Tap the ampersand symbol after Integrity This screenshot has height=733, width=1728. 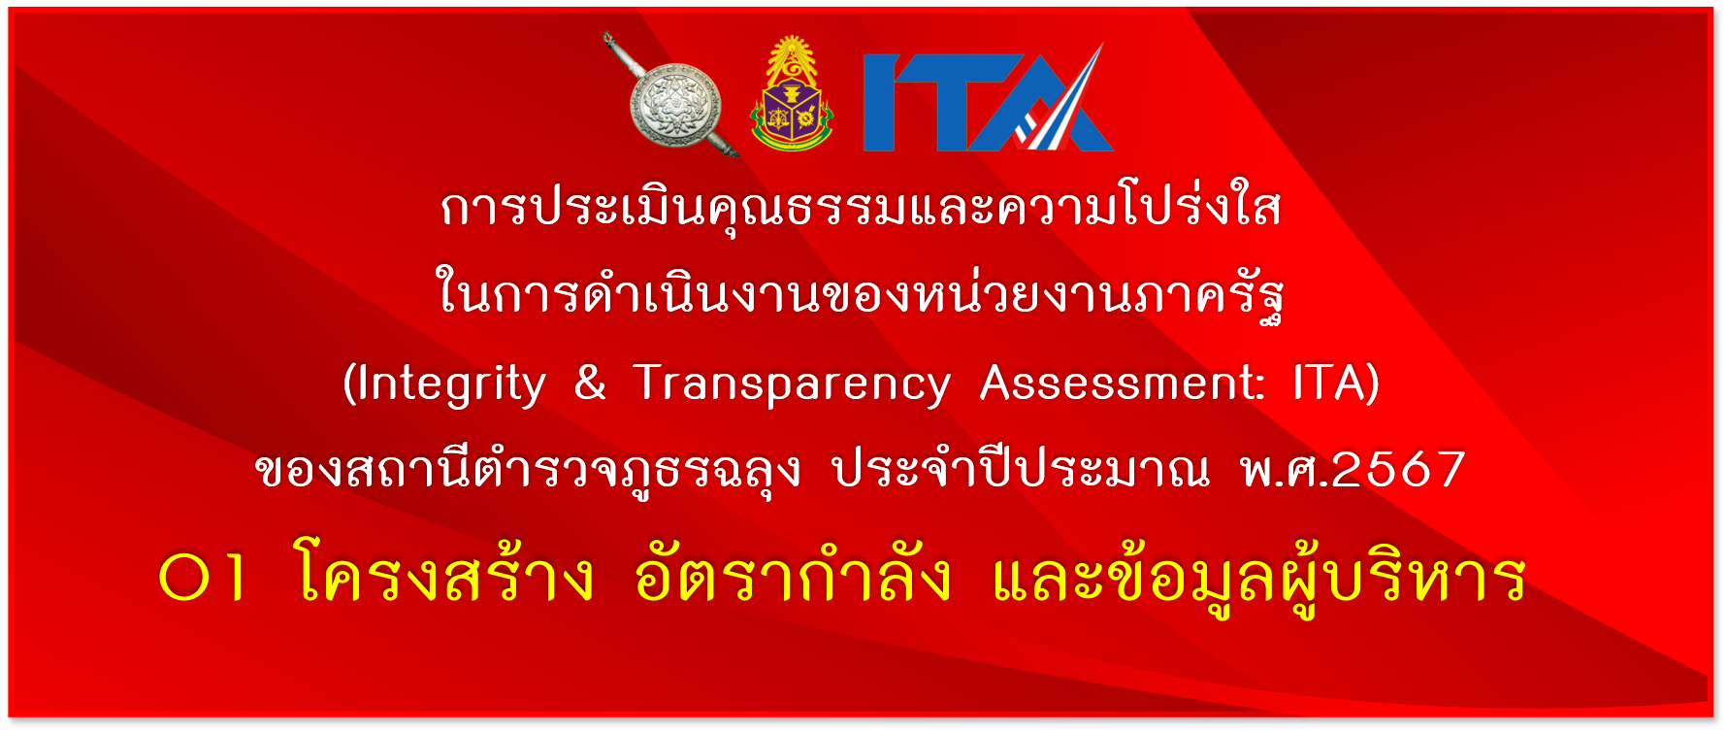tap(590, 382)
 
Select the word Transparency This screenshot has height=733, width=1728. tap(793, 385)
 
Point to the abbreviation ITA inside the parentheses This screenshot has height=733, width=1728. tap(1329, 382)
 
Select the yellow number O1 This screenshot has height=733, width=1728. tap(203, 579)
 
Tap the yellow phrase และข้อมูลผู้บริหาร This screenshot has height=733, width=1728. tap(1258, 579)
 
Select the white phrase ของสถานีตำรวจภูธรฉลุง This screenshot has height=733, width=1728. tap(529, 470)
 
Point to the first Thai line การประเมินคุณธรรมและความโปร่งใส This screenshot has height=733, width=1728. tap(862, 207)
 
